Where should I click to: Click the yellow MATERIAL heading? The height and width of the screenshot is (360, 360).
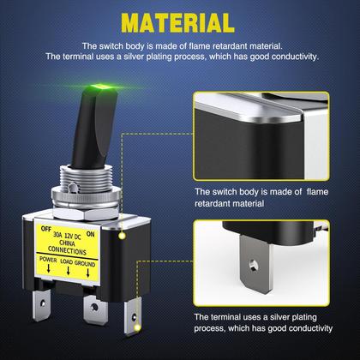coord(180,22)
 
